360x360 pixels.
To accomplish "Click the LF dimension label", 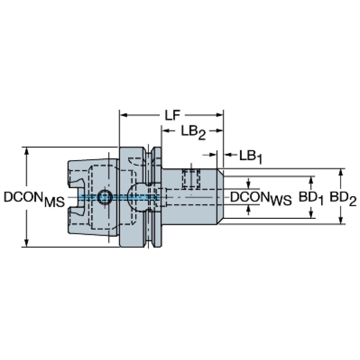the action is tap(172, 115).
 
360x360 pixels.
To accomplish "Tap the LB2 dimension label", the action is tap(193, 132).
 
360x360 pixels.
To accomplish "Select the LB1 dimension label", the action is tap(251, 157).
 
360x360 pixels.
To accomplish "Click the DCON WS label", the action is tap(261, 198).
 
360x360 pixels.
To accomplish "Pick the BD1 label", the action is tap(311, 198).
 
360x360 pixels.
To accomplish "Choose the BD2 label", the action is tap(343, 198).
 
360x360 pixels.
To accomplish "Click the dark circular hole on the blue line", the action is tap(105, 197).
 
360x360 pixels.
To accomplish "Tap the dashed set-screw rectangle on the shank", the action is tap(191, 179).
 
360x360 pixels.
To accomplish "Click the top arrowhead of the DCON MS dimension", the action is tap(27, 151).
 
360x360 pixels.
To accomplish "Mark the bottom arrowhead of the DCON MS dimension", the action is tap(27, 243).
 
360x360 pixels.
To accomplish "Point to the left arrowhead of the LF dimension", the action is tap(124, 115).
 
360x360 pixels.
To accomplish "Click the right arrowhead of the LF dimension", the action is tap(219, 115).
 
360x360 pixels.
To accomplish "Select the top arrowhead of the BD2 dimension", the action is tap(341, 173).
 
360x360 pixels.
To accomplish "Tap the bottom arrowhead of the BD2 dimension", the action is tap(341, 220).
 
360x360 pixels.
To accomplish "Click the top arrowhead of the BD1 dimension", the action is tap(311, 180).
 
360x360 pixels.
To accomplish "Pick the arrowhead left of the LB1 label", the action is tap(228, 155).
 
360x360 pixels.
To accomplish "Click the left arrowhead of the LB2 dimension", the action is tap(166, 131).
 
